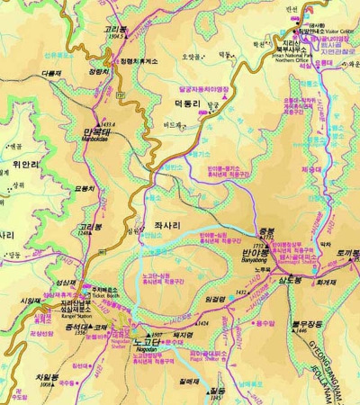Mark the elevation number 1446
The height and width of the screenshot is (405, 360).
click(301, 331)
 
